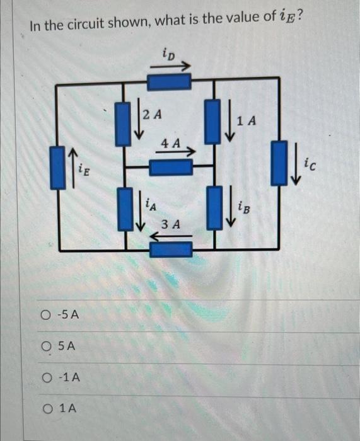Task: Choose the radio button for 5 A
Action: click(45, 346)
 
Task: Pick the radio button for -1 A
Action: click(45, 377)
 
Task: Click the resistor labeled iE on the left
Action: click(58, 168)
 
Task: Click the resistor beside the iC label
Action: click(279, 164)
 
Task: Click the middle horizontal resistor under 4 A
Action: click(170, 167)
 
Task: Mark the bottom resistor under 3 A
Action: click(170, 249)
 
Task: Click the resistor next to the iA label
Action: click(124, 208)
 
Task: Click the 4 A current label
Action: click(170, 143)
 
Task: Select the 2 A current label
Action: click(152, 115)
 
